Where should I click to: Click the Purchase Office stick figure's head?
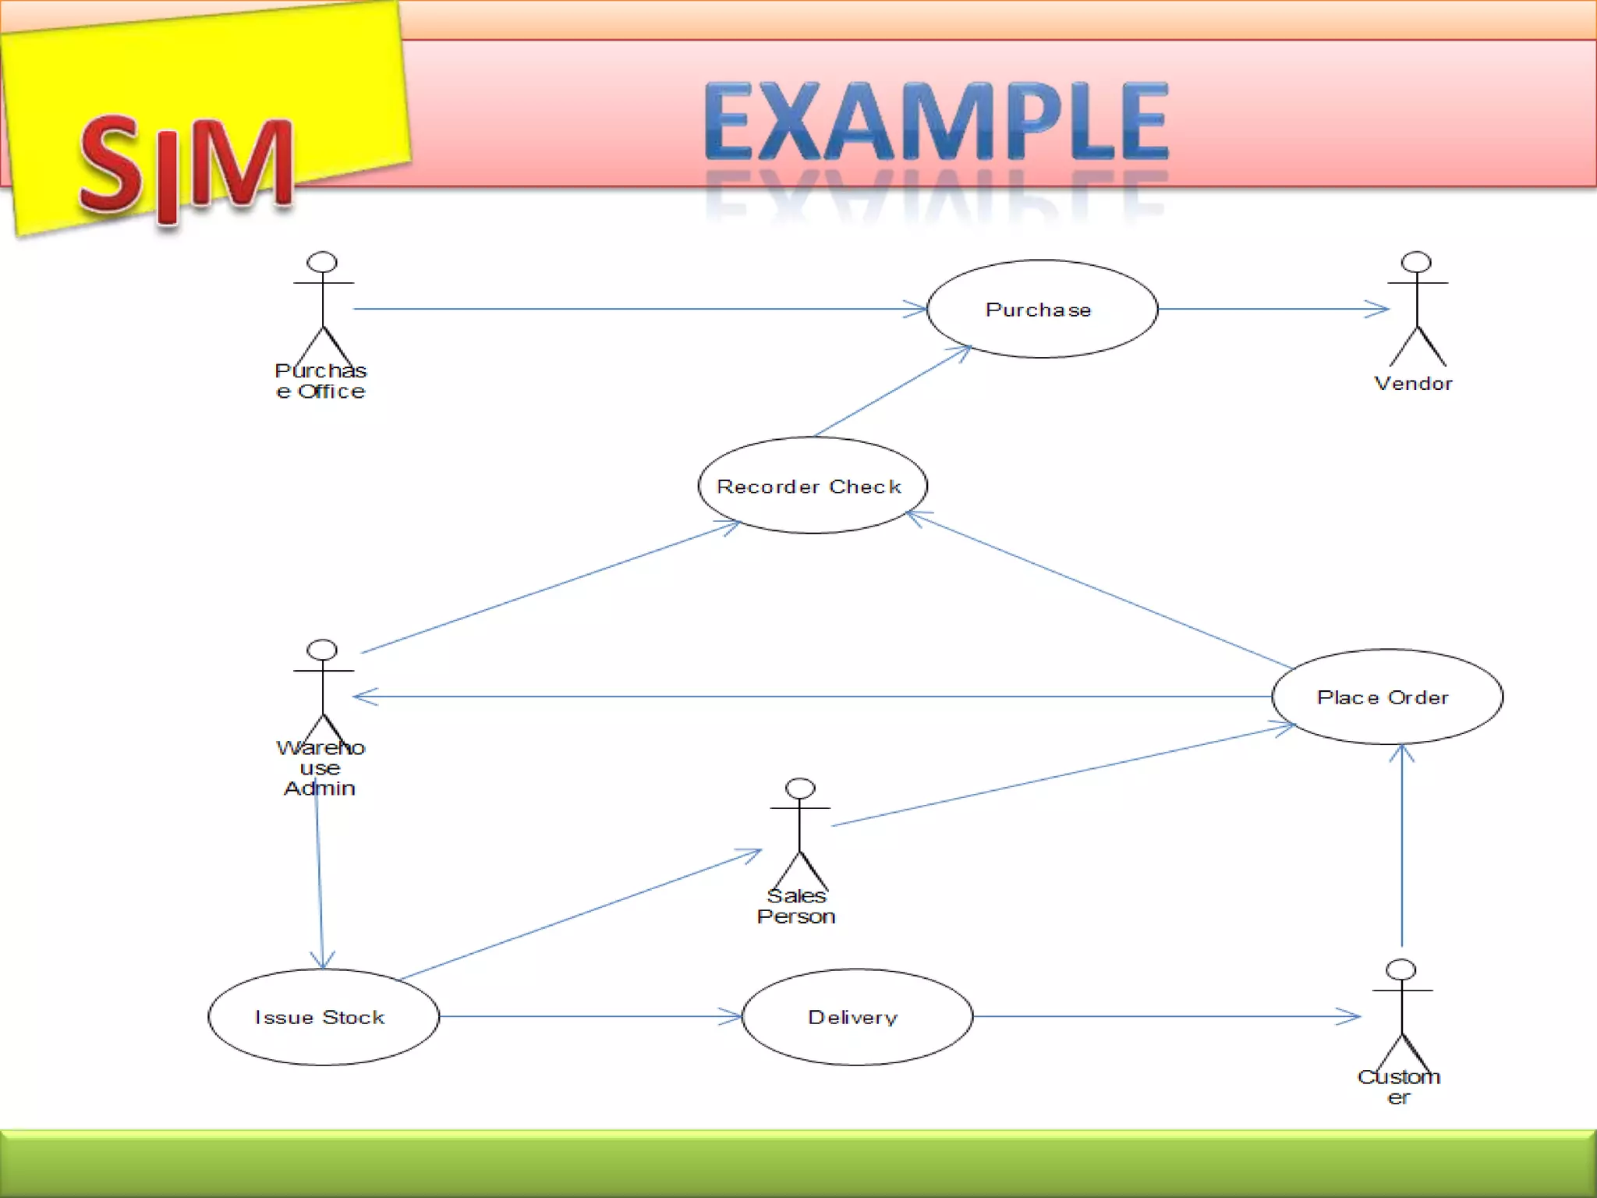pos(322,262)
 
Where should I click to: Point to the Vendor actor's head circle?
pos(1416,262)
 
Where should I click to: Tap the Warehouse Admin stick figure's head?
pos(322,650)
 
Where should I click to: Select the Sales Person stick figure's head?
pos(800,789)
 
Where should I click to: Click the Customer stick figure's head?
pos(1401,969)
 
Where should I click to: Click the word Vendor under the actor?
pos(1413,384)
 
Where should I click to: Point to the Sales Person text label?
pos(796,906)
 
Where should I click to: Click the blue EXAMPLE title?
pos(936,121)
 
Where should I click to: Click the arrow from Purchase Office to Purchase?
pos(639,309)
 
